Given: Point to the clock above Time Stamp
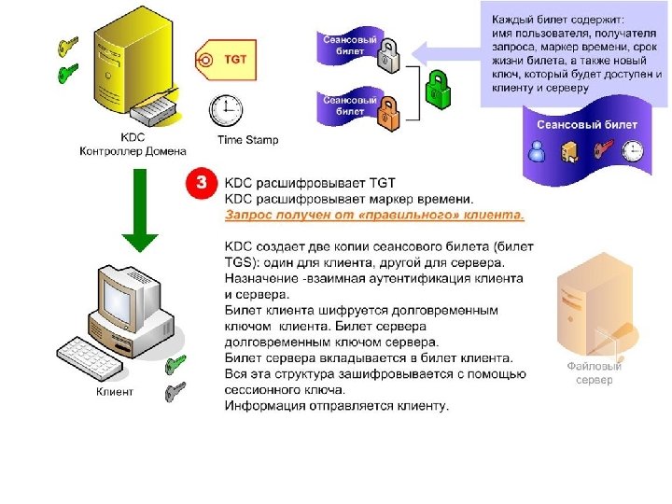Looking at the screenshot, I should (x=225, y=110).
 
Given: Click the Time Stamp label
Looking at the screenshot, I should (x=247, y=140).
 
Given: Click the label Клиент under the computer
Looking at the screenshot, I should (x=114, y=392).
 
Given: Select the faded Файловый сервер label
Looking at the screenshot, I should (x=595, y=373).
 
